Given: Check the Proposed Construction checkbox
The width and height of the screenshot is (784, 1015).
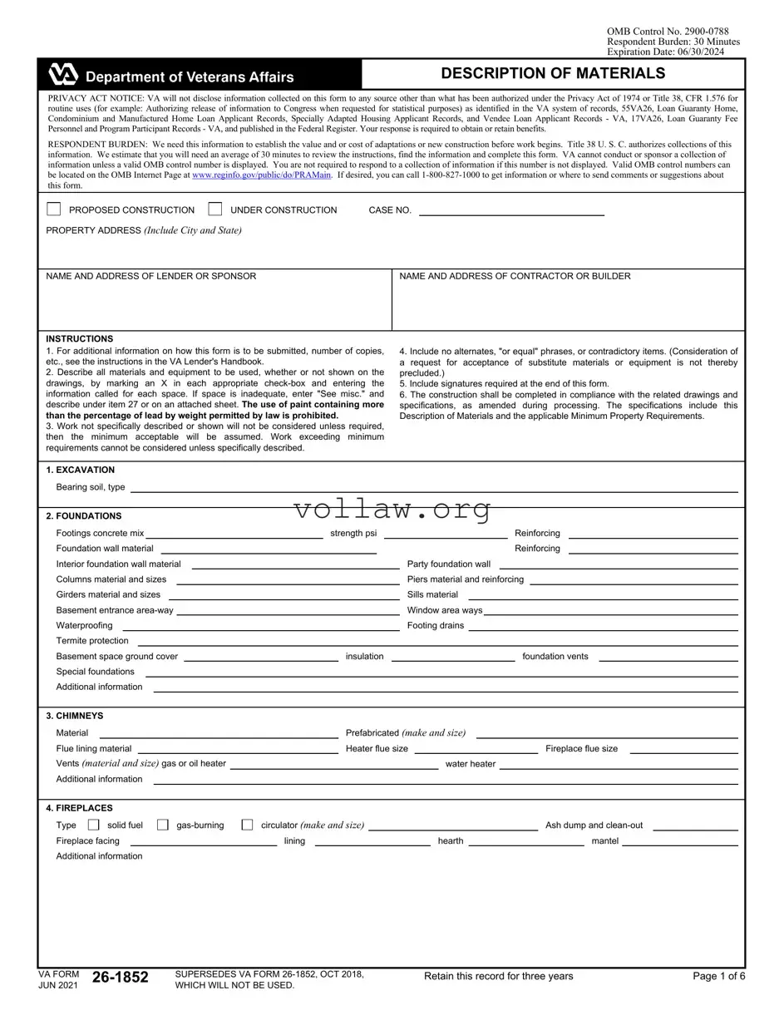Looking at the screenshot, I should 54,209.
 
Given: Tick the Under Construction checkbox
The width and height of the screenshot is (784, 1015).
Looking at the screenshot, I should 215,209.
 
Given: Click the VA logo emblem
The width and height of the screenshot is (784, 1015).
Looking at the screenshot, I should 63,75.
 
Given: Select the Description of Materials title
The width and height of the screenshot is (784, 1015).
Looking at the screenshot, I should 553,74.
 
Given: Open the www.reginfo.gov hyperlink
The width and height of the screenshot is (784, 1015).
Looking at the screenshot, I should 261,175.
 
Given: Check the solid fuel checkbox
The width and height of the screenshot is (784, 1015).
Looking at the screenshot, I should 93,825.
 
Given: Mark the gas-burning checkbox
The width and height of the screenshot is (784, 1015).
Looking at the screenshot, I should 163,825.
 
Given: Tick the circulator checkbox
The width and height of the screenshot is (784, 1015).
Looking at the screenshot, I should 247,825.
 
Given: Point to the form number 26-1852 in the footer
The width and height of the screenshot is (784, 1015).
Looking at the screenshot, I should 121,978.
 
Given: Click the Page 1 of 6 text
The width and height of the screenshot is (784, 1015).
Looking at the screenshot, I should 718,976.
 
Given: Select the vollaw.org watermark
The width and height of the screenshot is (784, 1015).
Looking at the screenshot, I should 392,509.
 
